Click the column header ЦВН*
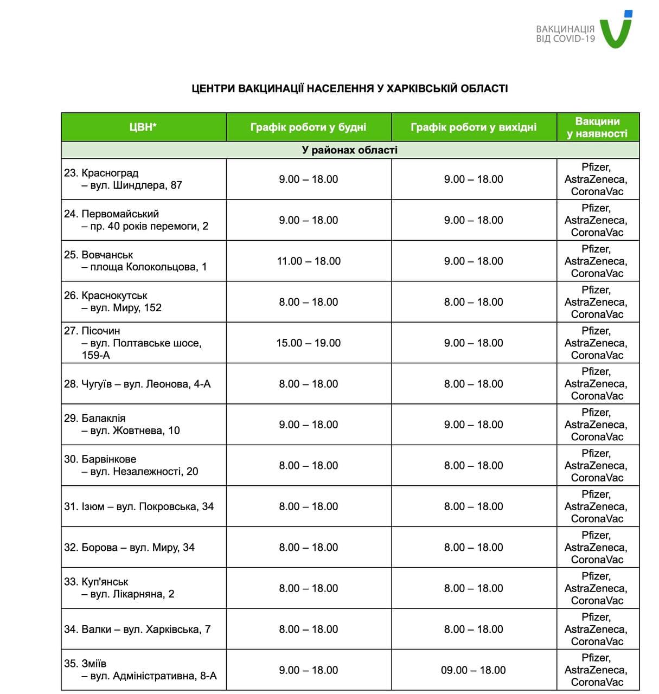pyautogui.click(x=143, y=127)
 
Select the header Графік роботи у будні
pyautogui.click(x=308, y=127)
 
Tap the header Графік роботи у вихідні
pyautogui.click(x=474, y=127)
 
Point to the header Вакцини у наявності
pyautogui.click(x=597, y=127)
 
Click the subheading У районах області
pyautogui.click(x=350, y=150)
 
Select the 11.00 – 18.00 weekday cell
pyautogui.click(x=309, y=261)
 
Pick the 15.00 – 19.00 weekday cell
pyautogui.click(x=308, y=343)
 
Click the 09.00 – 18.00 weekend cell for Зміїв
pyautogui.click(x=474, y=670)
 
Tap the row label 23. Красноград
pyautogui.click(x=101, y=173)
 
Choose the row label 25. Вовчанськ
pyautogui.click(x=99, y=255)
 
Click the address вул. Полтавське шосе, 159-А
pyautogui.click(x=141, y=349)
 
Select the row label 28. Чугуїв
pyautogui.click(x=88, y=384)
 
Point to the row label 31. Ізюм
pyautogui.click(x=84, y=506)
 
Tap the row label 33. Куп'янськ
pyautogui.click(x=97, y=582)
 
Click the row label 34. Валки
pyautogui.click(x=87, y=629)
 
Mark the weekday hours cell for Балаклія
pyautogui.click(x=308, y=425)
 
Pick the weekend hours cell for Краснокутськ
pyautogui.click(x=474, y=302)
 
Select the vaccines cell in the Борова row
pyautogui.click(x=597, y=548)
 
